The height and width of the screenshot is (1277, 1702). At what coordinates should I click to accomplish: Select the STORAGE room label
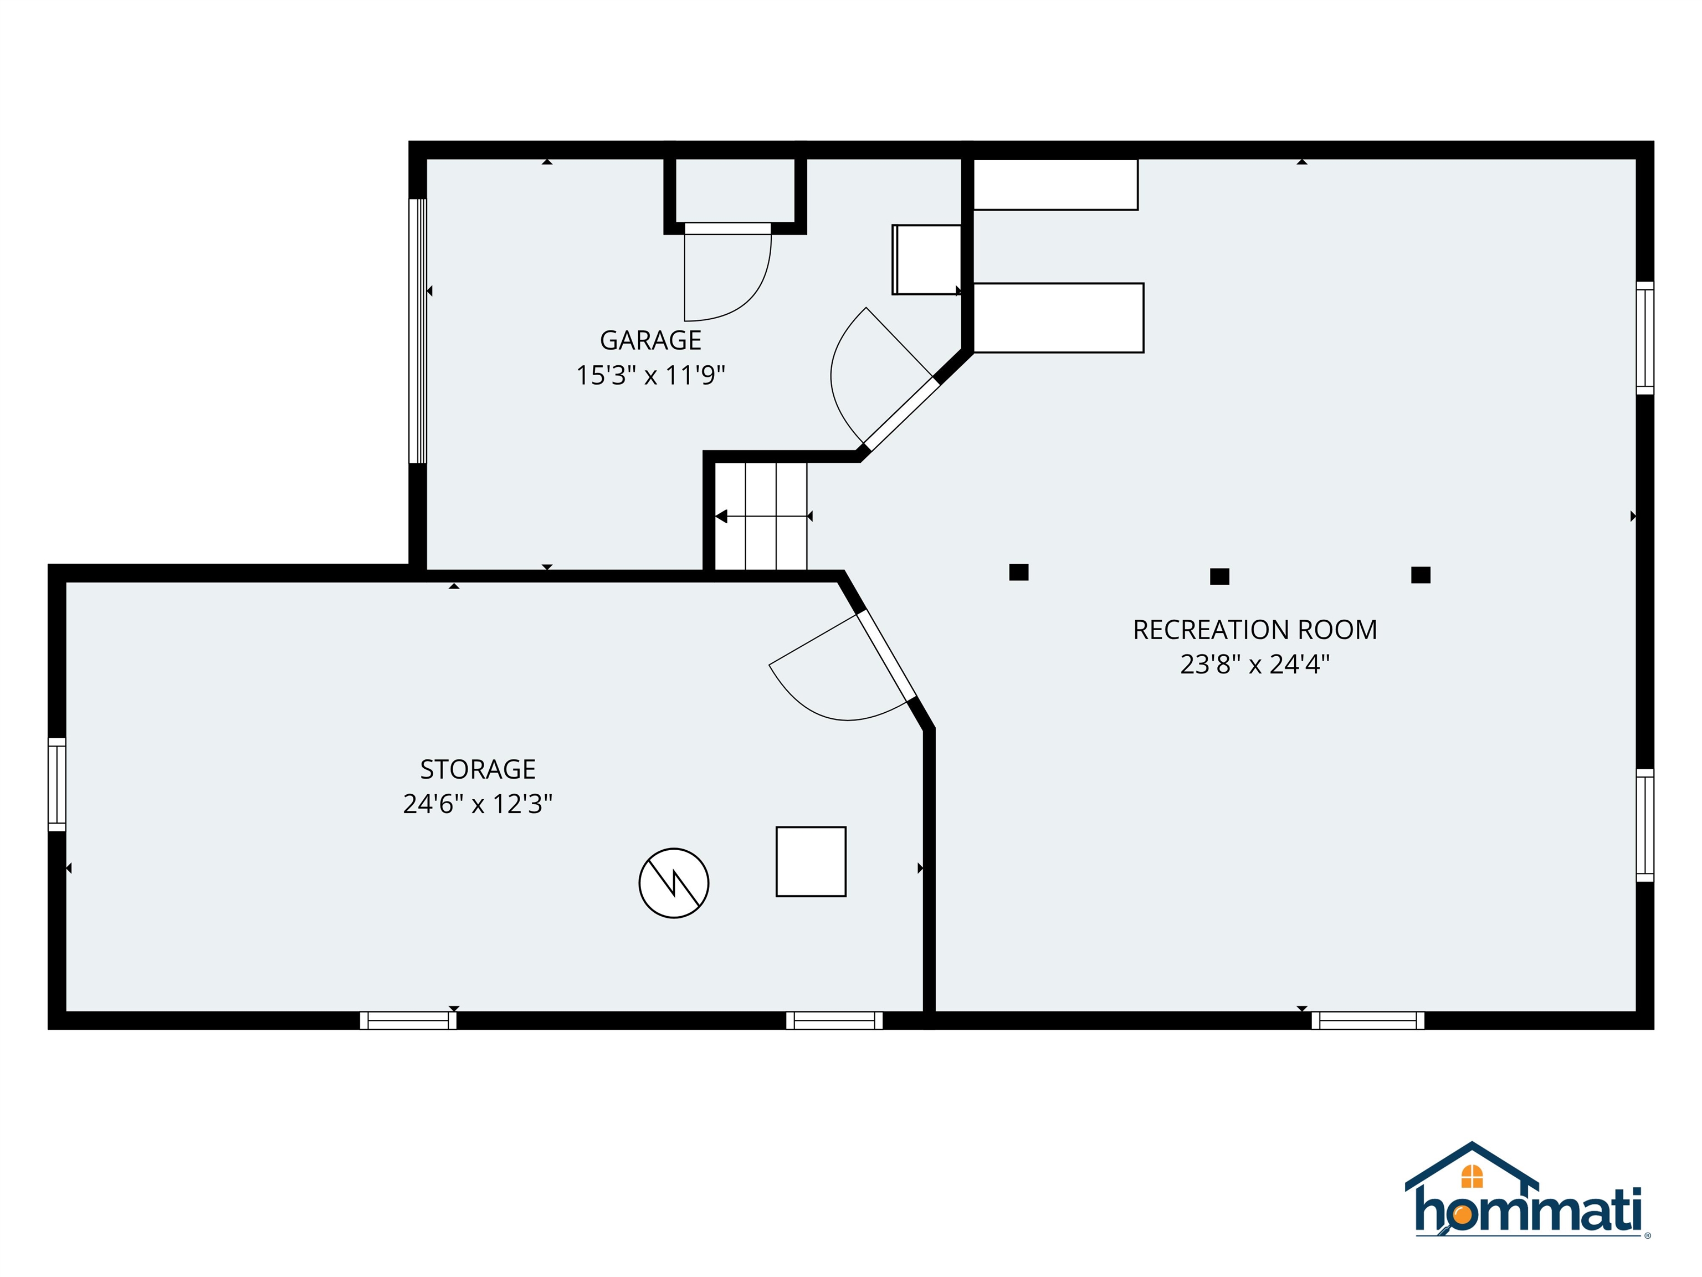(478, 769)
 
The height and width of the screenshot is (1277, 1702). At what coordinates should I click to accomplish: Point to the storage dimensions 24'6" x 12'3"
(478, 804)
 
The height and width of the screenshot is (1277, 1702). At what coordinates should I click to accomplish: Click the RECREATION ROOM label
(1255, 630)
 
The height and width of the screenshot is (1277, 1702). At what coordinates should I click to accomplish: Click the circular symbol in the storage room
(674, 883)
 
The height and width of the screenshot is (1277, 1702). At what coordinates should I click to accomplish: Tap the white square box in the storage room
(811, 861)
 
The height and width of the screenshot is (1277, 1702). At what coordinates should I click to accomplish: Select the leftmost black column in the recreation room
(1019, 572)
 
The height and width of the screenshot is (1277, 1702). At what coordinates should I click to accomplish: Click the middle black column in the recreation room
(1219, 576)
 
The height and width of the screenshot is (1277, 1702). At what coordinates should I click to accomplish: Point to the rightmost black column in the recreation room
(1421, 575)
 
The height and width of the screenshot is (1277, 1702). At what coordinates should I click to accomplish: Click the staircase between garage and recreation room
(761, 515)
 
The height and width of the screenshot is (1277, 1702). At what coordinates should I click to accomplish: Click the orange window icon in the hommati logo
(1472, 1176)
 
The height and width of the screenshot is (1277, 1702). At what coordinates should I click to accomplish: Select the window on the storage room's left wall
(57, 784)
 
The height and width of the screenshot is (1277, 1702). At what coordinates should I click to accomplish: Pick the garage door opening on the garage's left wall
(417, 331)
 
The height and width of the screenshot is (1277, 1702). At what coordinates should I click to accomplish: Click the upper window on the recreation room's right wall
(1645, 338)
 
